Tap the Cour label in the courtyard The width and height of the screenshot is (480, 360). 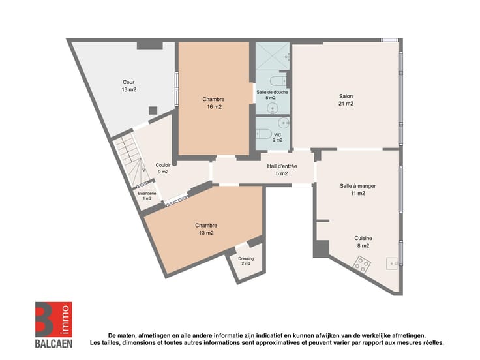tap(128, 82)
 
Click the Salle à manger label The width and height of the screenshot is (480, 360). tap(357, 186)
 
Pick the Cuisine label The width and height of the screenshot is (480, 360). tap(363, 238)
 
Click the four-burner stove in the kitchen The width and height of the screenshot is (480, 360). tap(362, 265)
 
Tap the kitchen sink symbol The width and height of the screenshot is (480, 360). tap(393, 263)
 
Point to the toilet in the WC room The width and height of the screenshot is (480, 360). tap(263, 134)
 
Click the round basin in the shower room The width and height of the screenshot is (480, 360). tap(272, 108)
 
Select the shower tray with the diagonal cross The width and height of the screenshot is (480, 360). tap(273, 56)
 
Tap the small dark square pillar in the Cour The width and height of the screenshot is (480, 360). tap(153, 110)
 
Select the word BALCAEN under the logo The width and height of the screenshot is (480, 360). tap(53, 344)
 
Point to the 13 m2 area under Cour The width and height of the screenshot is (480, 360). tap(129, 90)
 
